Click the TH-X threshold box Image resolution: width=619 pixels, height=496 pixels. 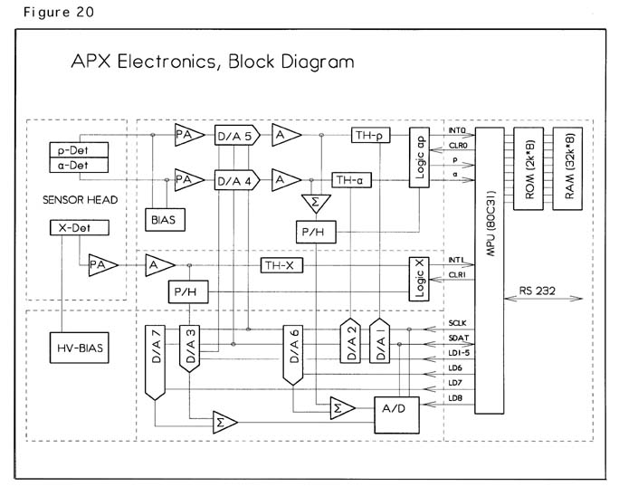[x=284, y=265]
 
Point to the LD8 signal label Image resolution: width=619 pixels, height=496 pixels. [x=455, y=397]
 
